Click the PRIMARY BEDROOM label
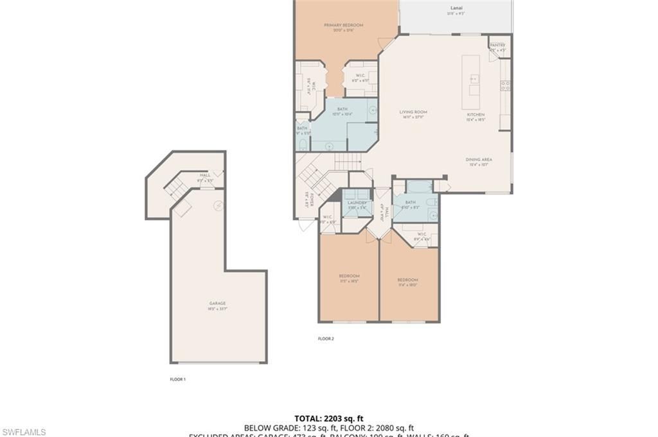343,26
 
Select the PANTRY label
497,46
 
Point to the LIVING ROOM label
413,112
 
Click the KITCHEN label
476,115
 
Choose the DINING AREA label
479,160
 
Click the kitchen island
470,74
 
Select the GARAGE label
217,304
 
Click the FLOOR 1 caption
177,379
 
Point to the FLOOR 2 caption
326,338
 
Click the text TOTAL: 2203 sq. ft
328,418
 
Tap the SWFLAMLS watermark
23,432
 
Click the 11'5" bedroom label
349,277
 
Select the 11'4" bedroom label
407,280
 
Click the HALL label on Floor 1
205,175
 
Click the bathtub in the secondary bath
420,187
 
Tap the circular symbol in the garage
218,205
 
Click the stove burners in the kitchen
506,85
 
